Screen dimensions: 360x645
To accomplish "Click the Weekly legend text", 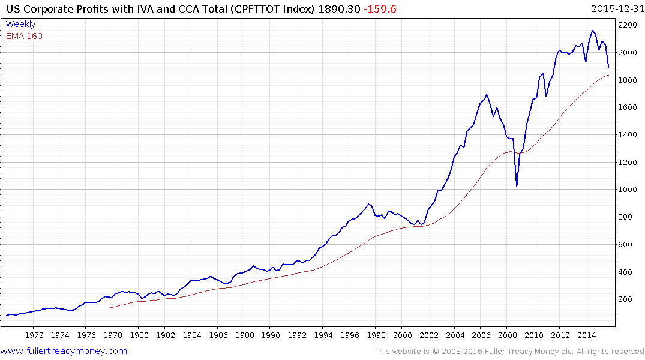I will click(x=20, y=24).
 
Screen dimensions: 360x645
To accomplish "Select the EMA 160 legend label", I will click(x=24, y=36).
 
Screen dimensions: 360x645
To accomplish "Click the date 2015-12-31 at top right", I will click(x=616, y=9).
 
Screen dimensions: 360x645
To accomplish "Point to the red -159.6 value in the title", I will click(x=379, y=9).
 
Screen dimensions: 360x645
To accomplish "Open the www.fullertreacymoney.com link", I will click(x=64, y=351).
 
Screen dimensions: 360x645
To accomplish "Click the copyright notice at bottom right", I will click(x=509, y=351).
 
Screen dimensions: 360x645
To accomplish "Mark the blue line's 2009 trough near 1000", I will click(x=517, y=186).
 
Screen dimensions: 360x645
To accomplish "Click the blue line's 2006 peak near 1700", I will click(x=487, y=94).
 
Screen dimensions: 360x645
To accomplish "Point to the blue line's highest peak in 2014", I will click(x=592, y=31).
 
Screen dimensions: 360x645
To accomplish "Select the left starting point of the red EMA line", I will click(x=109, y=308).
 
